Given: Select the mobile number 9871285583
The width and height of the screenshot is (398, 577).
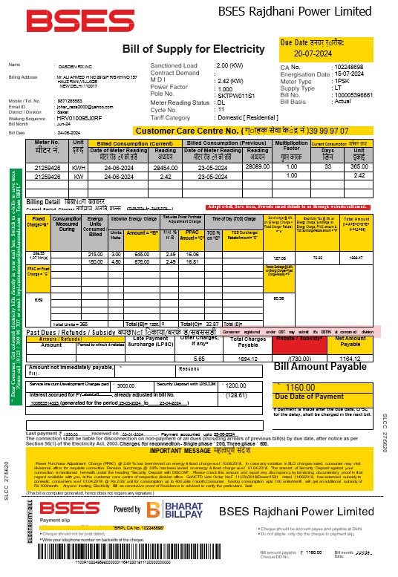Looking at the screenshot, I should [x=72, y=99].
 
